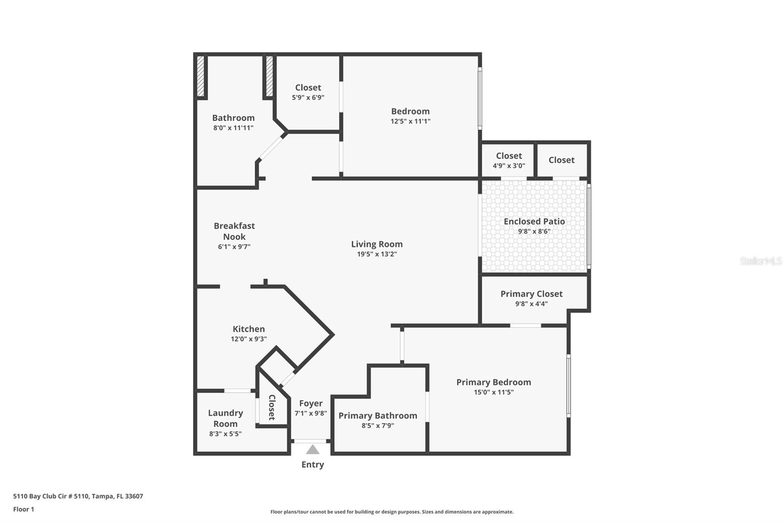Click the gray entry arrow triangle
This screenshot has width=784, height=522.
pos(313,450)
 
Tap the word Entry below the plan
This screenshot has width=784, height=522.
pos(313,465)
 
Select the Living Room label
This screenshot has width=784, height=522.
pos(377,244)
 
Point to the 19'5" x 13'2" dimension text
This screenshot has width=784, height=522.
pos(377,254)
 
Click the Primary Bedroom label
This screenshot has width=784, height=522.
pos(493,382)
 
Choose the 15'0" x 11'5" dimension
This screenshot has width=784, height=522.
pos(493,392)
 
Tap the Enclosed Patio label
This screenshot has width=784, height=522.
pos(534,221)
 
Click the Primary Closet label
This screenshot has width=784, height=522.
pos(531,294)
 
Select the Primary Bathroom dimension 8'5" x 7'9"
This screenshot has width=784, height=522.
pos(378,426)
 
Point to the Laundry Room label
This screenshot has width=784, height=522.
pos(225,419)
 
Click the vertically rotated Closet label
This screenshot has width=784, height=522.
pos(272,407)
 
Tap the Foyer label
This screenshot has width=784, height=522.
pos(311,403)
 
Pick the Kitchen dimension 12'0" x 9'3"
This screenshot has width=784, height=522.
pos(248,339)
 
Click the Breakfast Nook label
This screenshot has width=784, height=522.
pos(234,231)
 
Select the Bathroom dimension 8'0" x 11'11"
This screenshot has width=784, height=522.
pos(233,128)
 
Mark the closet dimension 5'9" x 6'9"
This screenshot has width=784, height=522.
pos(308,97)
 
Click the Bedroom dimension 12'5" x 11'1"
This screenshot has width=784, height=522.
pos(410,121)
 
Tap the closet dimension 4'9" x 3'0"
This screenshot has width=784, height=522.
pos(509,166)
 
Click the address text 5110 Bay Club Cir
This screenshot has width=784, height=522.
pos(40,496)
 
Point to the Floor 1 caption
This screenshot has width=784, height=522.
pos(24,509)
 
